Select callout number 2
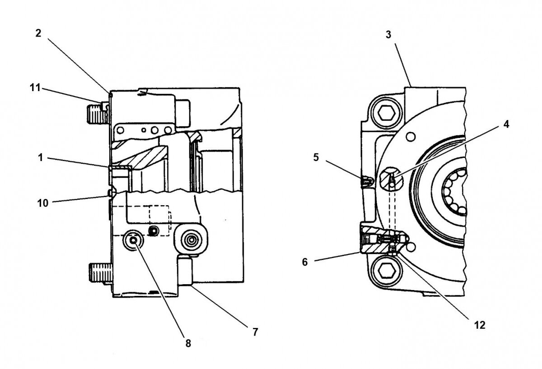pos(39,34)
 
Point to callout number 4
pos(506,125)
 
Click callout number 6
pos(305,262)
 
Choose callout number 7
pos(255,332)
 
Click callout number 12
pos(480,325)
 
